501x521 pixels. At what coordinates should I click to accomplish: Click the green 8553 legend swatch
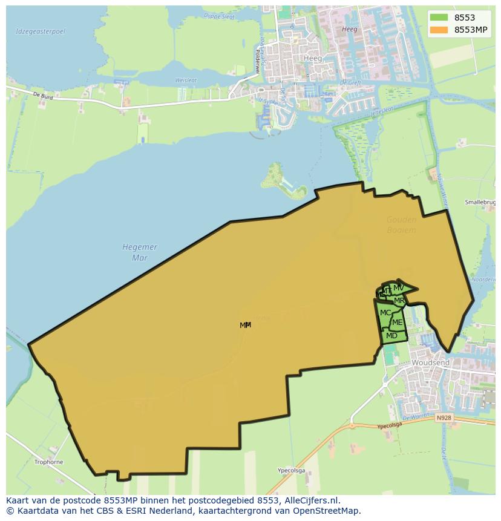[x=439, y=18]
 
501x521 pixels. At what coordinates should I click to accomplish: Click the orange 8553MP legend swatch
[x=439, y=30]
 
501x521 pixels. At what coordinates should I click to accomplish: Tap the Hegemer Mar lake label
[x=140, y=252]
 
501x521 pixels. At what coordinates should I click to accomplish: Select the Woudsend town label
[x=430, y=362]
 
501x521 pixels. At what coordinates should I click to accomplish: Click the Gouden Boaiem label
[x=401, y=224]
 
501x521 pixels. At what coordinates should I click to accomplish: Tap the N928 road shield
[x=444, y=418]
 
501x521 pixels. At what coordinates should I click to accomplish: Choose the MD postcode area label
[x=391, y=336]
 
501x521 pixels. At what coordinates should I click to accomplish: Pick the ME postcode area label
[x=397, y=323]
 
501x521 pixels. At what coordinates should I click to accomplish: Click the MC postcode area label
[x=385, y=313]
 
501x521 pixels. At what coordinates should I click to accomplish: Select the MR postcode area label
[x=399, y=301]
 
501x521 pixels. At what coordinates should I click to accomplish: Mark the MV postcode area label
[x=398, y=287]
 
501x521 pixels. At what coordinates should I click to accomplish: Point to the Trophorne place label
[x=48, y=462]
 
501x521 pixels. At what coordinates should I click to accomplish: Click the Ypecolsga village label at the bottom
[x=290, y=470]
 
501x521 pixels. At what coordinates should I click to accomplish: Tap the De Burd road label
[x=44, y=96]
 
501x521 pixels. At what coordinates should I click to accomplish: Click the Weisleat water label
[x=185, y=80]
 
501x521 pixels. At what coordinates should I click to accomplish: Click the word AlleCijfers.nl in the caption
[x=312, y=500]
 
